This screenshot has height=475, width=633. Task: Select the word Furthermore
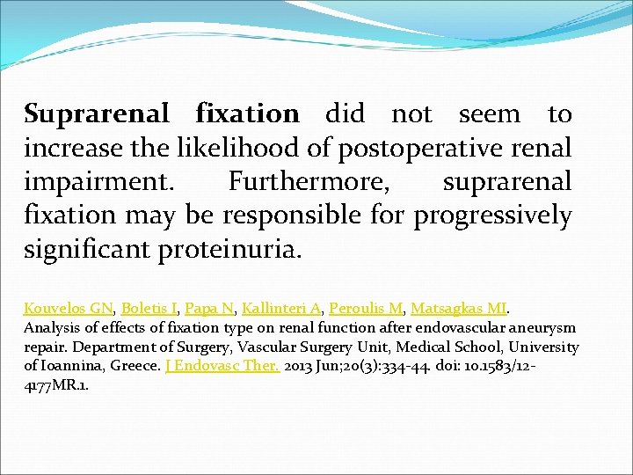point(309,181)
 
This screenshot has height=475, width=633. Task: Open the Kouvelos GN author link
point(69,308)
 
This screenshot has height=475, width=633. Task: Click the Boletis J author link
point(149,308)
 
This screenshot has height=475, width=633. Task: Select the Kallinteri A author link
point(281,308)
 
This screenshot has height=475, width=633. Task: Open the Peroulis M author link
point(366,308)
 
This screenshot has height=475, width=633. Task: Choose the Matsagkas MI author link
point(458,308)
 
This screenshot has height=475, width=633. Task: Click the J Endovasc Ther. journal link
point(222,366)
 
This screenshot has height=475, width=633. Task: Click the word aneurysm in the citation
point(543,328)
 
